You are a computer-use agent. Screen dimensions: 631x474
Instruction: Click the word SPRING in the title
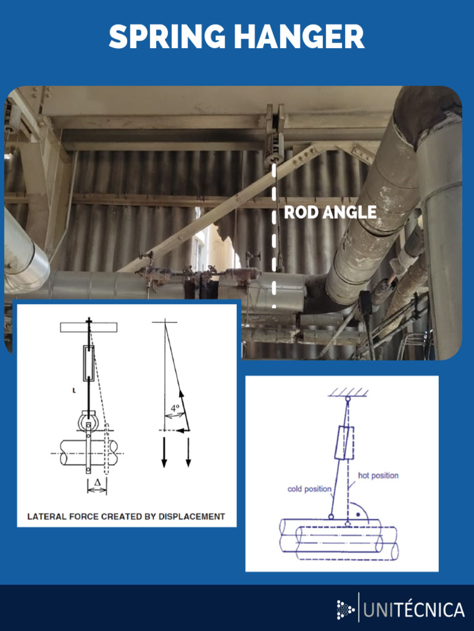click(166, 38)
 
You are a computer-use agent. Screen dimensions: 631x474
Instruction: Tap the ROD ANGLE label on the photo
click(330, 213)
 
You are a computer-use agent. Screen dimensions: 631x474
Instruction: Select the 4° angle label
click(176, 407)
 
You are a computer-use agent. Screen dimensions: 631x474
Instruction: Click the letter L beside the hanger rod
click(72, 390)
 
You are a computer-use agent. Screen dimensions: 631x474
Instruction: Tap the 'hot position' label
click(378, 476)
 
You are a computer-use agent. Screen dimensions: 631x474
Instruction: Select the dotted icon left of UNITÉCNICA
click(346, 610)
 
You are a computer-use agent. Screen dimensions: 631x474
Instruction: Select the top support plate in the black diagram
click(88, 327)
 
